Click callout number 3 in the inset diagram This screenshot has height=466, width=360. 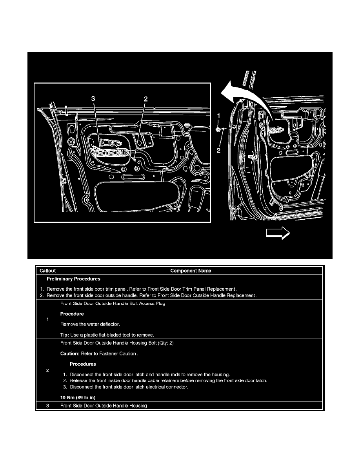93,99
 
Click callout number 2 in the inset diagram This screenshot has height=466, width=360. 145,99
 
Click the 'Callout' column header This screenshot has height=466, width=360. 47,271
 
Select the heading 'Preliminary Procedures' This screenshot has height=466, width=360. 73,279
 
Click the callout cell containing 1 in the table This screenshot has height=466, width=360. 47,319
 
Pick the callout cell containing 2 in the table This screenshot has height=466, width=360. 47,371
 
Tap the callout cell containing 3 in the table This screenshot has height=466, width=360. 47,406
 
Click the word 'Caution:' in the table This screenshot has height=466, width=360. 70,353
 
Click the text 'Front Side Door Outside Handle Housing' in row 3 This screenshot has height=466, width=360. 104,406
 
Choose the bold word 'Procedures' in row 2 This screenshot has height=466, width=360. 83,364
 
